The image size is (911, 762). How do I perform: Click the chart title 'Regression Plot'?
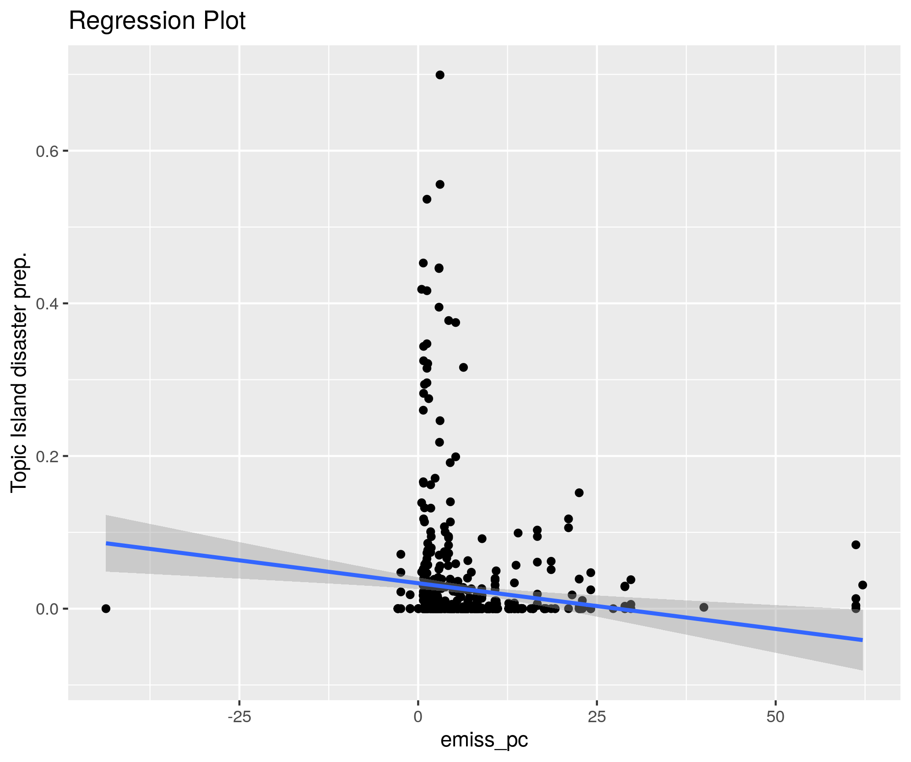157,21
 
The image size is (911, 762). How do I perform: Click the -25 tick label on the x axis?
239,717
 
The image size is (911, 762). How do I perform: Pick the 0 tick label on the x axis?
418,717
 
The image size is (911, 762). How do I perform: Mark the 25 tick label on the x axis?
596,717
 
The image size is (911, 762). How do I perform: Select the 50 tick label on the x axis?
775,717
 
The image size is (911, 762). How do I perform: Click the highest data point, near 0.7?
440,75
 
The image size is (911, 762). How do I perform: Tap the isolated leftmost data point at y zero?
106,608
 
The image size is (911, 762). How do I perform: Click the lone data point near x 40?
704,607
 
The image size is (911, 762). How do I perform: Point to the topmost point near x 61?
856,545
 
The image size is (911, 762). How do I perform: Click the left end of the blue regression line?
107,543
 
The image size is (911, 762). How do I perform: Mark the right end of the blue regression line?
862,640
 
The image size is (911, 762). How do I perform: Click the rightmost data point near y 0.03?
862,585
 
